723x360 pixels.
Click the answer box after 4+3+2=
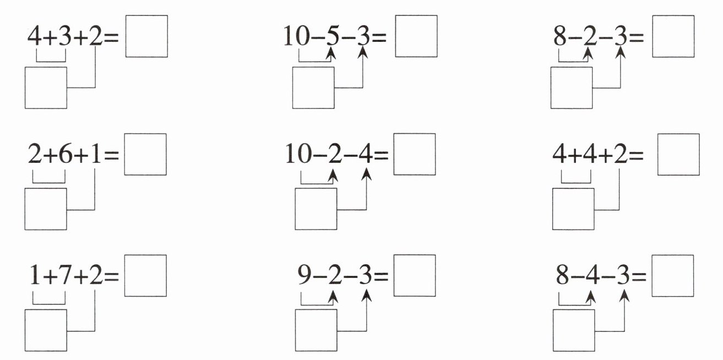tap(146, 36)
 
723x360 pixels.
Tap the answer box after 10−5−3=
tap(416, 36)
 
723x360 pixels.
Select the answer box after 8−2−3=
tap(673, 36)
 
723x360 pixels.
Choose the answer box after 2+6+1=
tap(145, 155)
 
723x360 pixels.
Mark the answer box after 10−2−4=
tap(415, 155)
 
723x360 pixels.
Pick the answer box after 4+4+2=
tap(678, 155)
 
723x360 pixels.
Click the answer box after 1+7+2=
tap(145, 275)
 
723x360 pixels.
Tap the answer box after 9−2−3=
tap(415, 275)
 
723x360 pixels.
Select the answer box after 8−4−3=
tap(672, 275)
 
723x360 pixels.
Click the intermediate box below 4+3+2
tap(46, 88)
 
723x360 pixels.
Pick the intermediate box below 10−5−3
tap(313, 88)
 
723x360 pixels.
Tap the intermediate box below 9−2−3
tap(316, 330)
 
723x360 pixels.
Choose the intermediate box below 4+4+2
tap(574, 209)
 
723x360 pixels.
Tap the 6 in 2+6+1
tap(65, 157)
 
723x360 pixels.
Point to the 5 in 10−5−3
tap(331, 36)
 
